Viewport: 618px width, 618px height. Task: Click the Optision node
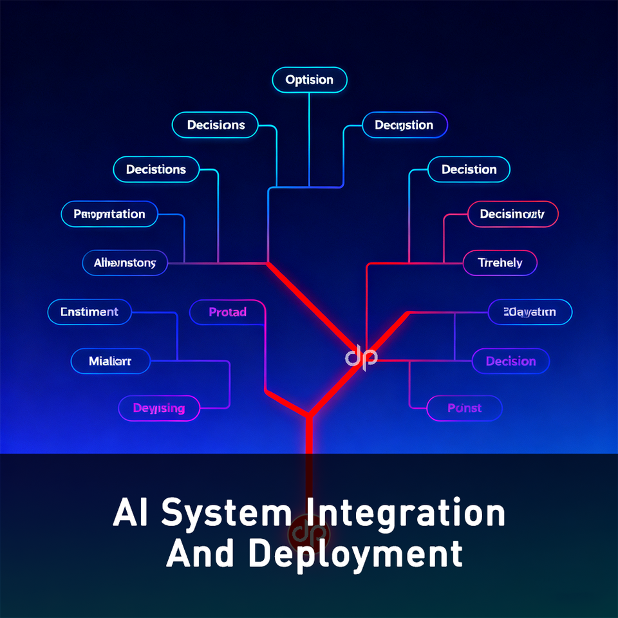coord(310,80)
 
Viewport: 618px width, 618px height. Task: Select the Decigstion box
coord(404,125)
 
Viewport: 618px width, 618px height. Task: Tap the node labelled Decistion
coord(469,170)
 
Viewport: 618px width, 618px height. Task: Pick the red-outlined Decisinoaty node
coord(512,214)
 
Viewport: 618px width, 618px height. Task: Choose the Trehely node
coord(500,263)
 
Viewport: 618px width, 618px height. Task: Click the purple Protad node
coord(228,312)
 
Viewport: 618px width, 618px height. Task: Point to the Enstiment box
coord(89,312)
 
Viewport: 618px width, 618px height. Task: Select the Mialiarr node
coord(110,361)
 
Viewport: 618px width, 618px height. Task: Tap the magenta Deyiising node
coord(159,408)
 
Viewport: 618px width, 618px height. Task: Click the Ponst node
coord(464,408)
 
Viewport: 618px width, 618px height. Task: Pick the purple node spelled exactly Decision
coord(510,361)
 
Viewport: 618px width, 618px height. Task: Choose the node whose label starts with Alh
coord(125,263)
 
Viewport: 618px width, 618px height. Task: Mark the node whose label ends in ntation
coord(109,214)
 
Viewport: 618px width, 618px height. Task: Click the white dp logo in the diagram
coord(361,357)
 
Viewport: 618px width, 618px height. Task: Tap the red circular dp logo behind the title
coord(310,533)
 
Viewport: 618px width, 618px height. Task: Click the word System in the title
coord(225,513)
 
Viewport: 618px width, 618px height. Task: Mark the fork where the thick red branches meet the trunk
coord(310,415)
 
